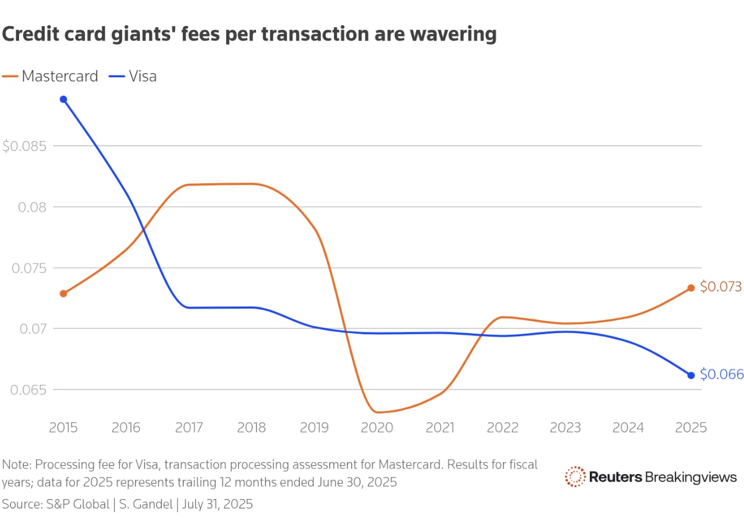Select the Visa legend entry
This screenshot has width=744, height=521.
point(133,76)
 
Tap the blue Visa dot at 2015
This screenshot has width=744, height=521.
point(63,99)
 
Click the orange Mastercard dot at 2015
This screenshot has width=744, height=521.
point(63,293)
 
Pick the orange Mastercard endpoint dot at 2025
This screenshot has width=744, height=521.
point(691,288)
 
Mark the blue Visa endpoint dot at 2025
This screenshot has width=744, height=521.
point(691,375)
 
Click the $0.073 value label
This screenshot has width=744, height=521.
point(720,287)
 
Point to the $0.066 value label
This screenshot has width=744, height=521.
point(721,374)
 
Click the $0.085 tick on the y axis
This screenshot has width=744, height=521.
point(23,146)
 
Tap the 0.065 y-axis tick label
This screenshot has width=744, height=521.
point(27,390)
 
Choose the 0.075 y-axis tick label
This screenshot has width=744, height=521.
point(27,268)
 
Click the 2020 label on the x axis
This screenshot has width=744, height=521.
point(377,428)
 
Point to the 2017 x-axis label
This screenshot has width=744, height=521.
point(189,428)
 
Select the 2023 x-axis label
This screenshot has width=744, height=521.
point(565,428)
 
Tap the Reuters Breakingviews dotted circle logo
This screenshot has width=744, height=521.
point(575,476)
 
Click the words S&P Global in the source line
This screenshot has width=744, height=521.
point(77,504)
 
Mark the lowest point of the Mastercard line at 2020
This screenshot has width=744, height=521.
point(377,412)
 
